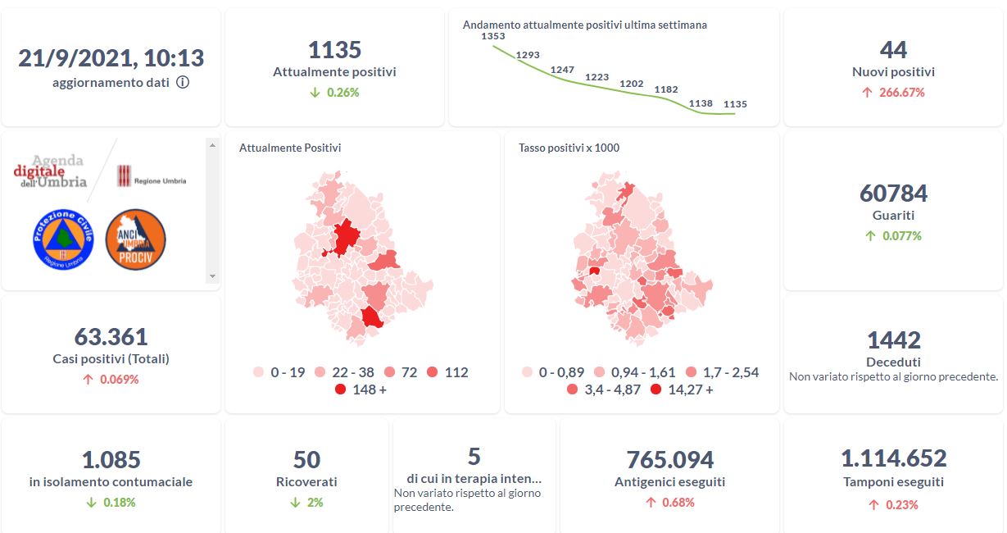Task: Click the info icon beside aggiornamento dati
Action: click(183, 82)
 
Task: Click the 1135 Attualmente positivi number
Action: click(334, 50)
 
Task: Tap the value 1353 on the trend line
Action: click(493, 37)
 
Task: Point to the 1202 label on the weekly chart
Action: click(632, 84)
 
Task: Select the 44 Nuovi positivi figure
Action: click(893, 50)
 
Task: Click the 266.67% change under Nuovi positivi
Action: click(893, 93)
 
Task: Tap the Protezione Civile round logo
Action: click(64, 239)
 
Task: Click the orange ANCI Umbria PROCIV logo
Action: click(136, 239)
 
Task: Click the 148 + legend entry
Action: click(361, 389)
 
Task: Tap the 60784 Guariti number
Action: click(893, 194)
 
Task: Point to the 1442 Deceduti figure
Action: click(893, 339)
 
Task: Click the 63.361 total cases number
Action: click(111, 337)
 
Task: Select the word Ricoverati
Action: click(306, 482)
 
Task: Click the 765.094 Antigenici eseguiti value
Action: click(669, 460)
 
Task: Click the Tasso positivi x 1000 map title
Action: click(569, 148)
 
